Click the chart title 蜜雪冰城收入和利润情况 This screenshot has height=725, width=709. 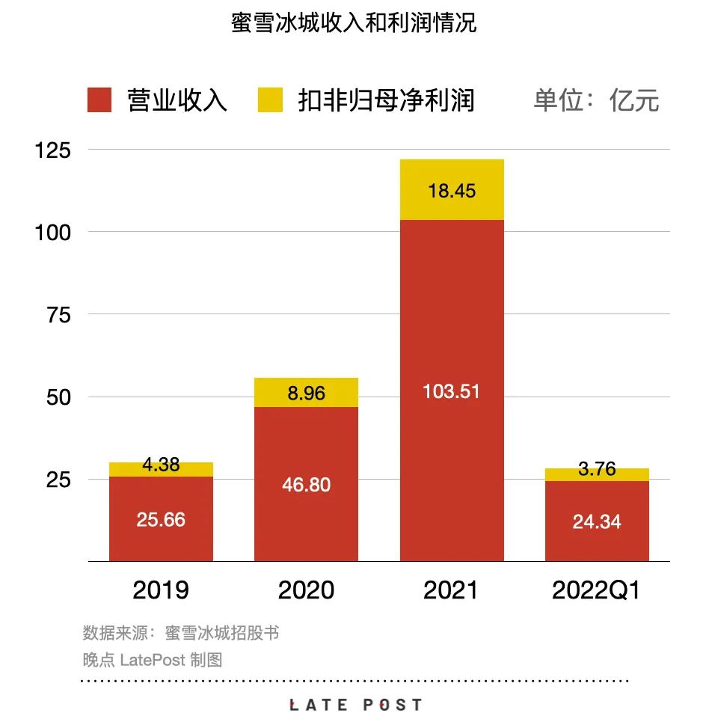pos(354,23)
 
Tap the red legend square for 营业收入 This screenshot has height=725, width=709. pos(99,100)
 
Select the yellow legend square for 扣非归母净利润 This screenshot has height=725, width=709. pos(270,100)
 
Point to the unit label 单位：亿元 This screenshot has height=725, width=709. pos(596,100)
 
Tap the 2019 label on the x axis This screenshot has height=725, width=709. pos(161,590)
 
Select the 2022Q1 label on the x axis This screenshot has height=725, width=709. pos(596,590)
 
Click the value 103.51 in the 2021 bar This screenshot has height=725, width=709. pos(451,391)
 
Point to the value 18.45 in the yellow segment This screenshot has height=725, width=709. pos(451,191)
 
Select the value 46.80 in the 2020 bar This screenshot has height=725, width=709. pos(306,485)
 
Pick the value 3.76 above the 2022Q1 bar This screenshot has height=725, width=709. pos(596,469)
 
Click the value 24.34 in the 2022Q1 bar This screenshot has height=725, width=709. pos(596,521)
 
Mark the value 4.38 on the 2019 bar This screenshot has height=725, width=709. pos(161,465)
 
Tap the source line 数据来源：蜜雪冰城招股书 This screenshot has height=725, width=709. pos(180,633)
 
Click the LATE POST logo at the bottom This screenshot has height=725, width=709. pos(355,705)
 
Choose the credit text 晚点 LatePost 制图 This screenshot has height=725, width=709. pos(153,660)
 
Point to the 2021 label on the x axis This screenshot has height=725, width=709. pos(451,590)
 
